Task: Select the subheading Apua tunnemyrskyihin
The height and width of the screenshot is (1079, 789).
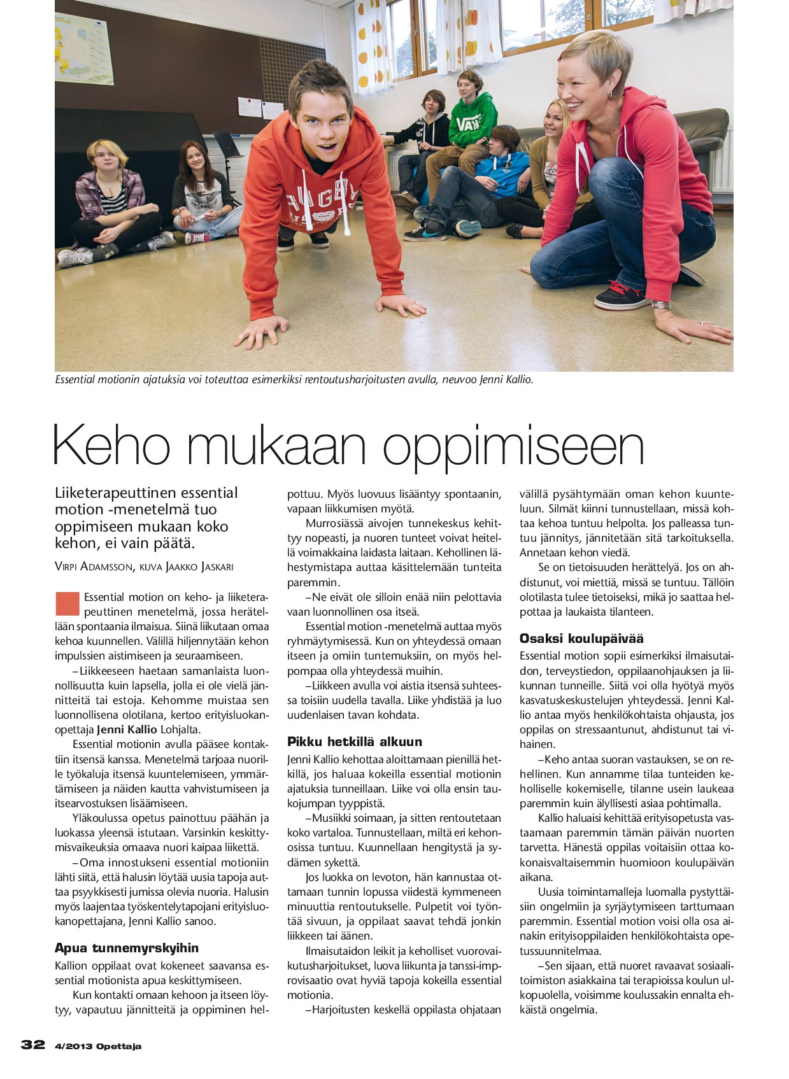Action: click(127, 948)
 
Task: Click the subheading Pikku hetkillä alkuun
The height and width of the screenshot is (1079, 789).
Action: click(354, 742)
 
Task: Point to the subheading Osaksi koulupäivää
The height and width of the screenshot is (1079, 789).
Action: click(581, 638)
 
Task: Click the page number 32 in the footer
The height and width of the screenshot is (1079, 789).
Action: click(33, 1045)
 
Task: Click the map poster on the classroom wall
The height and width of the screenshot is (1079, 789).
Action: click(84, 49)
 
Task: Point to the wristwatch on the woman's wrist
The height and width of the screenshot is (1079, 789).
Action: click(660, 305)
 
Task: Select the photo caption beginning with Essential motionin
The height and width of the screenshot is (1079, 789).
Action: click(294, 380)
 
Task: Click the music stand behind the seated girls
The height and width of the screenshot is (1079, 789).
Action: click(227, 146)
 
